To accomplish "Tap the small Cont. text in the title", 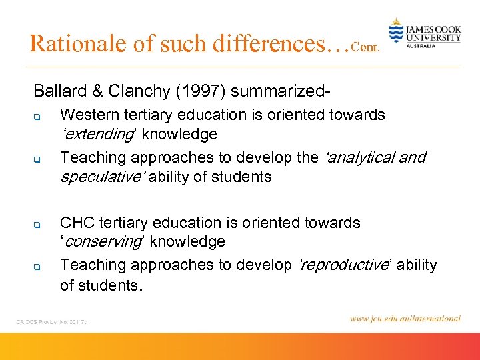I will pyautogui.click(x=366, y=48).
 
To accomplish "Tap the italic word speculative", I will pyautogui.click(x=102, y=177).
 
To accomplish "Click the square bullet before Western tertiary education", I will pyautogui.click(x=39, y=117).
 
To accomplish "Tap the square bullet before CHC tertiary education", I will pyautogui.click(x=39, y=225).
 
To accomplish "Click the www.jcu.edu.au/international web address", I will pyautogui.click(x=405, y=319).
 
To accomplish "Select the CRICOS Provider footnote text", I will pyautogui.click(x=52, y=321).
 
